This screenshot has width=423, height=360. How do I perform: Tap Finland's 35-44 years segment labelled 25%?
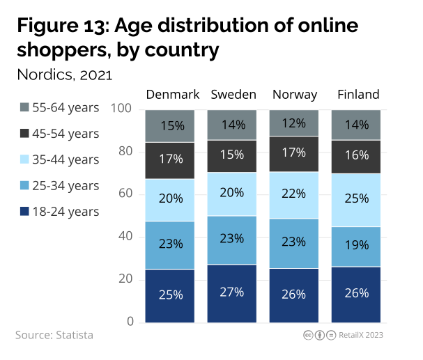pyautogui.click(x=356, y=200)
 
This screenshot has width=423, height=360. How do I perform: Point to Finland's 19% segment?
pyautogui.click(x=356, y=246)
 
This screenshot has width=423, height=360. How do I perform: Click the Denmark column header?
pyautogui.click(x=173, y=95)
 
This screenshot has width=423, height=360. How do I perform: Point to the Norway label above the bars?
pyautogui.click(x=295, y=95)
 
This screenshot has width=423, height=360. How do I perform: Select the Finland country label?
pyautogui.click(x=358, y=95)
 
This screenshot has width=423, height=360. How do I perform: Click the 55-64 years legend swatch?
pyautogui.click(x=25, y=107)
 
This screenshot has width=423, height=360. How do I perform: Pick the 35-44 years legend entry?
pyautogui.click(x=60, y=159)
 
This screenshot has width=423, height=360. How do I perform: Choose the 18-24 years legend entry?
pyautogui.click(x=60, y=212)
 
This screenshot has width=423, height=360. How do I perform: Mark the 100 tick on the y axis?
pyautogui.click(x=122, y=109)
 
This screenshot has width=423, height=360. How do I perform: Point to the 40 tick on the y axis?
pyautogui.click(x=125, y=237)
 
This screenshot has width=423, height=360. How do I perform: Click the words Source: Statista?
pyautogui.click(x=54, y=335)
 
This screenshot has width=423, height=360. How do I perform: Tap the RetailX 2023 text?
pyautogui.click(x=361, y=335)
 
